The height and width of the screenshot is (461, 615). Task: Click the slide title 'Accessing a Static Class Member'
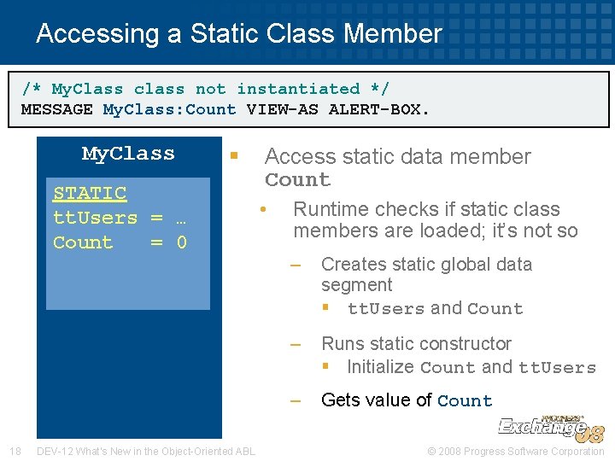pos(239,34)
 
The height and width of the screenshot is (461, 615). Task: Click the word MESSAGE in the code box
pos(56,109)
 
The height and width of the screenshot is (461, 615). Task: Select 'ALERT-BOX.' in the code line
pos(379,109)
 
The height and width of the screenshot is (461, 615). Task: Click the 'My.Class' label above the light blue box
pos(128,154)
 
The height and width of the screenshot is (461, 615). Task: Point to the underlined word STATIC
pos(90,194)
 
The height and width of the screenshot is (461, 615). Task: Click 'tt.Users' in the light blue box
pos(95,218)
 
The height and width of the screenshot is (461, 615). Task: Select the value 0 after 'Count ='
pos(181,242)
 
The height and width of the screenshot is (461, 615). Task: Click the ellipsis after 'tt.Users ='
pos(181,218)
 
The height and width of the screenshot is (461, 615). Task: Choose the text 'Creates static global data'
pos(426,265)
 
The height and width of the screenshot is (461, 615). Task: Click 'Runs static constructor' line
pos(416,344)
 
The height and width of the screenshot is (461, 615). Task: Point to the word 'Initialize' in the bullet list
pos(380,367)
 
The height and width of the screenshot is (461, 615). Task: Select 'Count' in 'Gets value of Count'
pos(465,400)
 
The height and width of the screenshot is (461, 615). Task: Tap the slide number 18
pos(15,451)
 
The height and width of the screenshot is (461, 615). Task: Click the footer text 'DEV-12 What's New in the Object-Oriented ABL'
pos(146,451)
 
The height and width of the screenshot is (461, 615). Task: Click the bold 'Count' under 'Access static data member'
pos(297,180)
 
